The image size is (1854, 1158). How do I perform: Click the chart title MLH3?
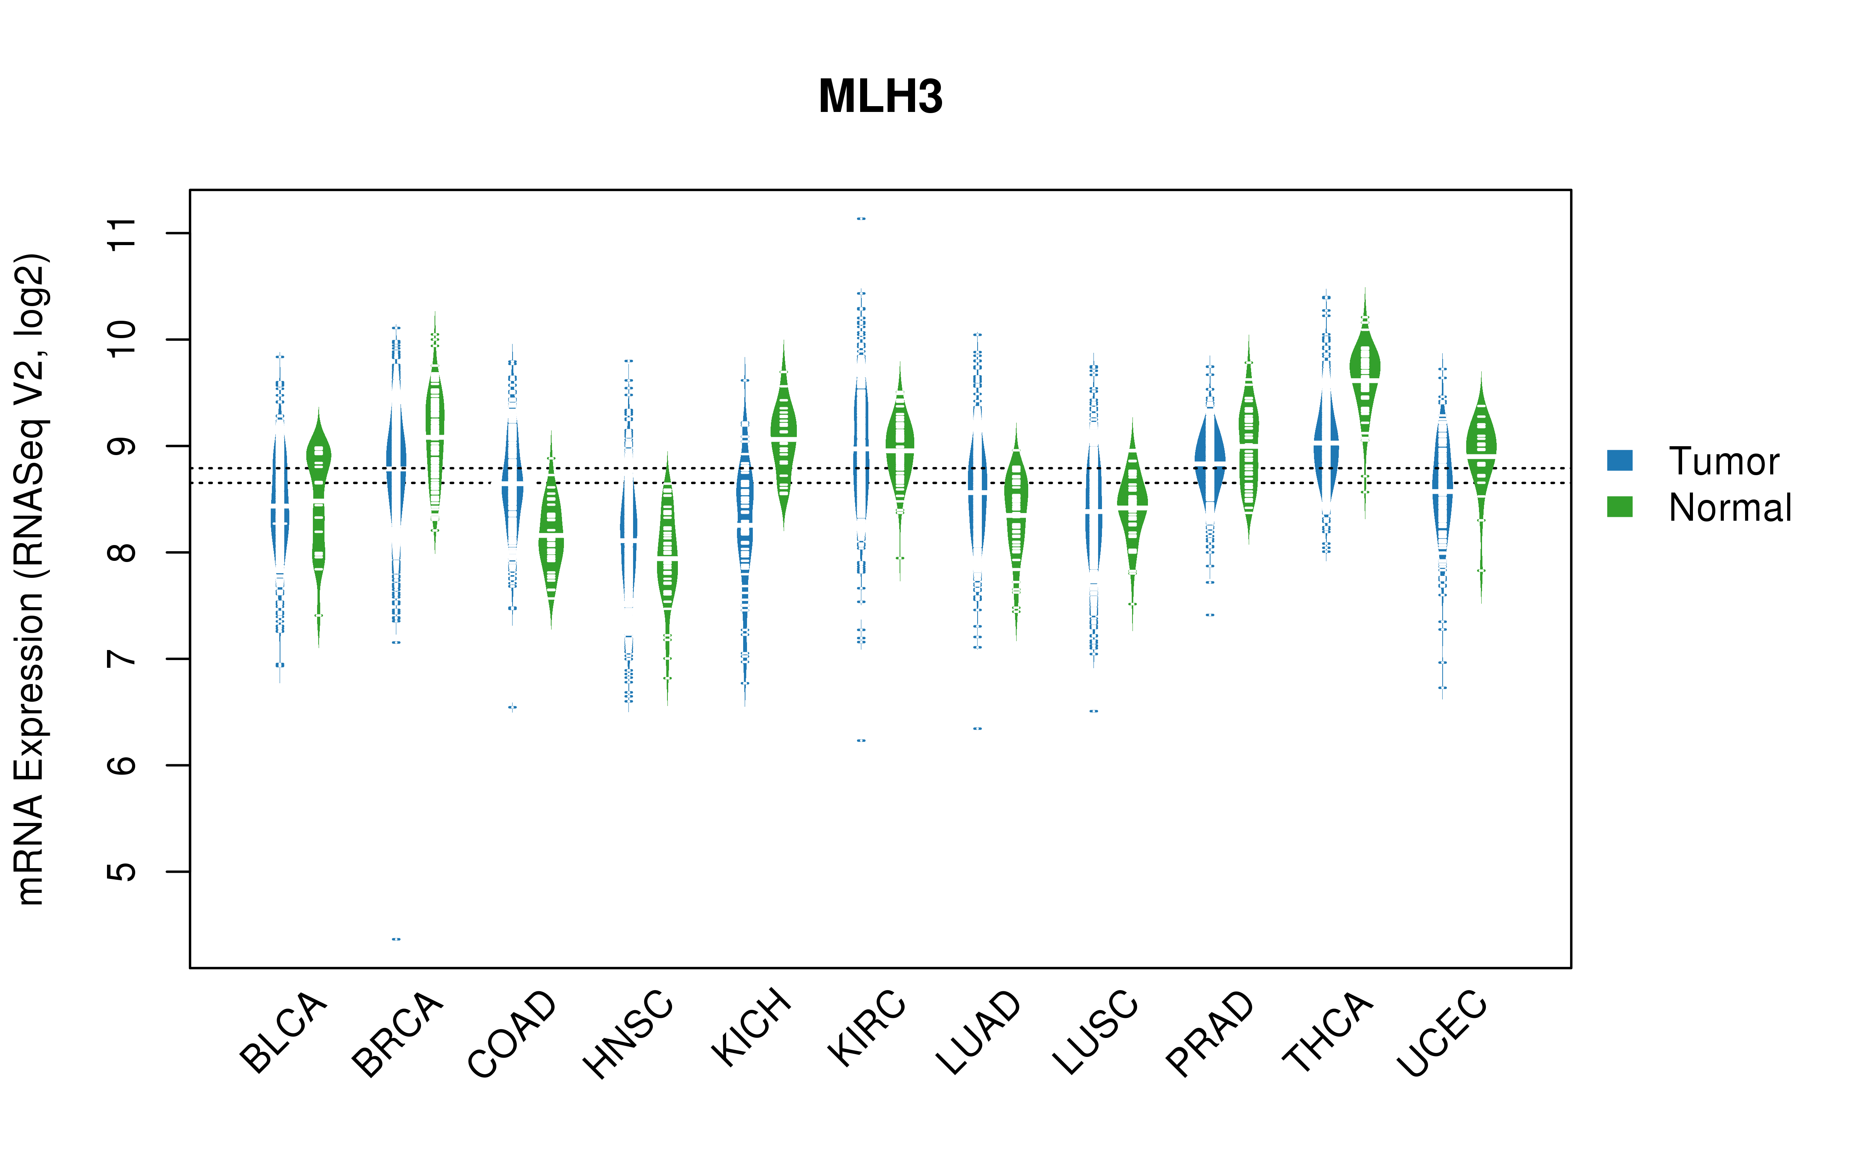pos(880,97)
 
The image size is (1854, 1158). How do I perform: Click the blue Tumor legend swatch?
pos(1620,460)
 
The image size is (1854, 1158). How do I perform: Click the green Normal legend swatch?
pos(1620,507)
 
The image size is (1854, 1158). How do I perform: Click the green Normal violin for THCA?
pos(1365,398)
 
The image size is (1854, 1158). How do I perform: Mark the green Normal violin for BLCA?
pos(319,521)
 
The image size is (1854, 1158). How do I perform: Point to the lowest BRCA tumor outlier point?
pos(396,939)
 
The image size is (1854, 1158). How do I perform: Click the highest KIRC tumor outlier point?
pos(861,218)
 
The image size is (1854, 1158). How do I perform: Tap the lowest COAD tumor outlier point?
pos(513,708)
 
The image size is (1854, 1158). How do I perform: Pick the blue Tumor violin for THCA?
pos(1326,444)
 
